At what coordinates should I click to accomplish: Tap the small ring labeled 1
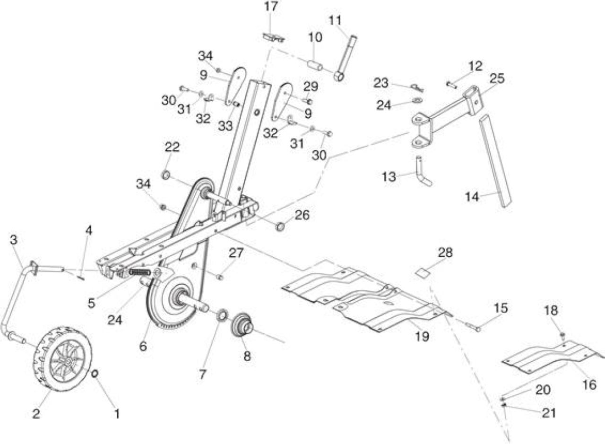pyautogui.click(x=95, y=374)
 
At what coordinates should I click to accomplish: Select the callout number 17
pyautogui.click(x=271, y=7)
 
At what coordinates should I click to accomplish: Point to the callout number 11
pyautogui.click(x=335, y=20)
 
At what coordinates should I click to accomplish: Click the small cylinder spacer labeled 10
pyautogui.click(x=315, y=65)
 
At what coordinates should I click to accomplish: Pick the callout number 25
pyautogui.click(x=497, y=78)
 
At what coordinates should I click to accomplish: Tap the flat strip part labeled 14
pyautogui.click(x=495, y=161)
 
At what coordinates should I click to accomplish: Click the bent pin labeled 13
pyautogui.click(x=423, y=173)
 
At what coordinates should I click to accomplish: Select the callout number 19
pyautogui.click(x=422, y=337)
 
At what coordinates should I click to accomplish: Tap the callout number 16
pyautogui.click(x=589, y=385)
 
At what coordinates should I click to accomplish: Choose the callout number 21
pyautogui.click(x=549, y=413)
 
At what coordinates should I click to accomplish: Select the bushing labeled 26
pyautogui.click(x=280, y=226)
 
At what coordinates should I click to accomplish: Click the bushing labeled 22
pyautogui.click(x=165, y=175)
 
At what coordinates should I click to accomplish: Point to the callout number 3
pyautogui.click(x=14, y=240)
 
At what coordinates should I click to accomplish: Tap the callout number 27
pyautogui.click(x=236, y=253)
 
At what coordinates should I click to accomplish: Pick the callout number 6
pyautogui.click(x=143, y=346)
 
